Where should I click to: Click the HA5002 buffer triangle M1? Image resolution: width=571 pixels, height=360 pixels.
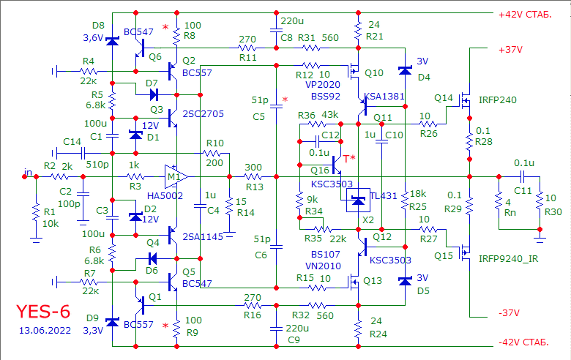[x=176, y=177]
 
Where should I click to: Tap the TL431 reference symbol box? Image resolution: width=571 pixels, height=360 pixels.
[x=358, y=200]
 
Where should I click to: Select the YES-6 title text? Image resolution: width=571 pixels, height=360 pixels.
[x=43, y=311]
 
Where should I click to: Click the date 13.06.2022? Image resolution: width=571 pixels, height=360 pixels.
[x=45, y=331]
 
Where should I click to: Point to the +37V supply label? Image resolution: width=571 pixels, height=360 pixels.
[x=510, y=50]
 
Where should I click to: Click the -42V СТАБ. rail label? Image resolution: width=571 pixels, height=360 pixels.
[x=523, y=342]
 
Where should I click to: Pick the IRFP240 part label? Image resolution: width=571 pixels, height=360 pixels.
[x=498, y=100]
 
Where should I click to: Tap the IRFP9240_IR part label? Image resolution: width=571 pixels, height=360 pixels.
[x=508, y=259]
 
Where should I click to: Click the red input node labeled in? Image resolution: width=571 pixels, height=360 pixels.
[x=24, y=177]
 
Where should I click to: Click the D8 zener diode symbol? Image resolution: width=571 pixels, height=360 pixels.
[x=112, y=41]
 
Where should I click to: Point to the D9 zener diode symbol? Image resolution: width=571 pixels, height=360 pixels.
[x=112, y=322]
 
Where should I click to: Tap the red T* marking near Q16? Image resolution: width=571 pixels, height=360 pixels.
[x=349, y=158]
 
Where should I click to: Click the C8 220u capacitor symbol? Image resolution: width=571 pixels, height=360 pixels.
[x=277, y=31]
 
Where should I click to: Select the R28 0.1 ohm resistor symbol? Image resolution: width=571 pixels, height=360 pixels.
[x=469, y=139]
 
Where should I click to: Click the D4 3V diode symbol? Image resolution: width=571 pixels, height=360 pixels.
[x=406, y=70]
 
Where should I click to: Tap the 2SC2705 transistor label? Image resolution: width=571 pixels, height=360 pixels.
[x=204, y=114]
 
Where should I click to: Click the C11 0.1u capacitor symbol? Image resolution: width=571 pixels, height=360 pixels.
[x=523, y=177]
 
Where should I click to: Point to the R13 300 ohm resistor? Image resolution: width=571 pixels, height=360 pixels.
[x=253, y=177]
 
